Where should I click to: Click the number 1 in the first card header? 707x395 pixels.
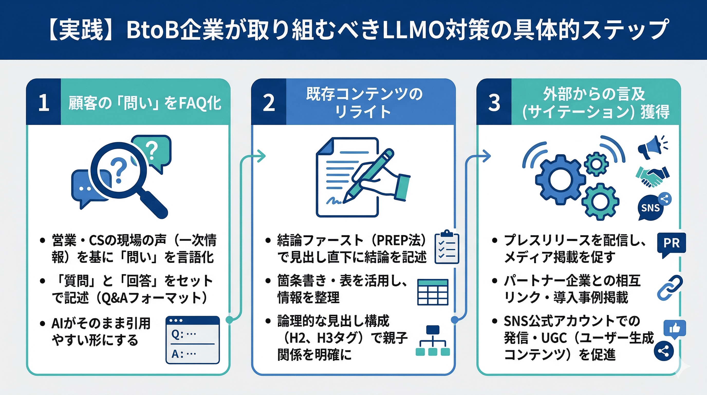(44, 103)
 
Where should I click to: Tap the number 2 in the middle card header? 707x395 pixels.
(269, 103)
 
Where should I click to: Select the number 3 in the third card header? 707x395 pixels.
(494, 103)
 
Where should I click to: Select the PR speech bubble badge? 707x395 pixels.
(671, 243)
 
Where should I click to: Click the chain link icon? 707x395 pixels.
(670, 287)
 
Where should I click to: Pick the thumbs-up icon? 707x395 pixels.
(675, 328)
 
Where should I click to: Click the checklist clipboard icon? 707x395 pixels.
(447, 247)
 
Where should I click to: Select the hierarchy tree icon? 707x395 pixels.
(433, 341)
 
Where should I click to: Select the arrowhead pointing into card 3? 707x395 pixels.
(487, 156)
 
